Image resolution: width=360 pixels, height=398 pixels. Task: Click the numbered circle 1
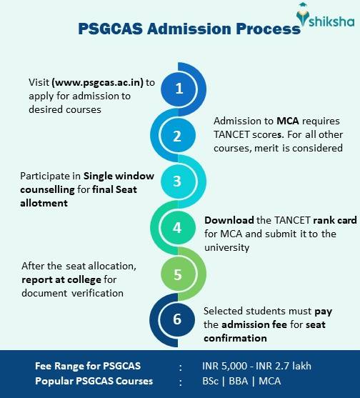(179, 89)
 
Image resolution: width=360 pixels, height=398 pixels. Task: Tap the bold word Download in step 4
(227, 220)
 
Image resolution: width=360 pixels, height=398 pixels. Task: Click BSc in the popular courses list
(211, 381)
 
